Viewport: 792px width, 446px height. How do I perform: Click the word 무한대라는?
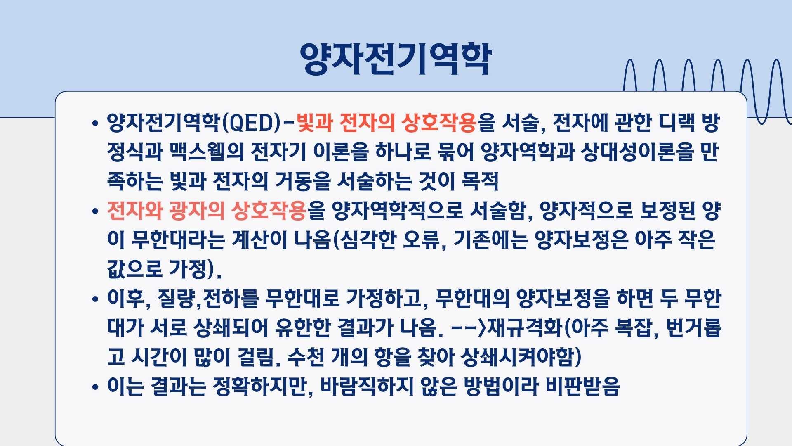pos(178,240)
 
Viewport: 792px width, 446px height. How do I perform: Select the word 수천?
pos(305,357)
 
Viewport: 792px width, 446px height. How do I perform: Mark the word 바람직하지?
pos(367,387)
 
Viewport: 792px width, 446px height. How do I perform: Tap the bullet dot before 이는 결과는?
pos(96,387)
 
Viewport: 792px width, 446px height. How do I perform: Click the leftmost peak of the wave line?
pos(629,60)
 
